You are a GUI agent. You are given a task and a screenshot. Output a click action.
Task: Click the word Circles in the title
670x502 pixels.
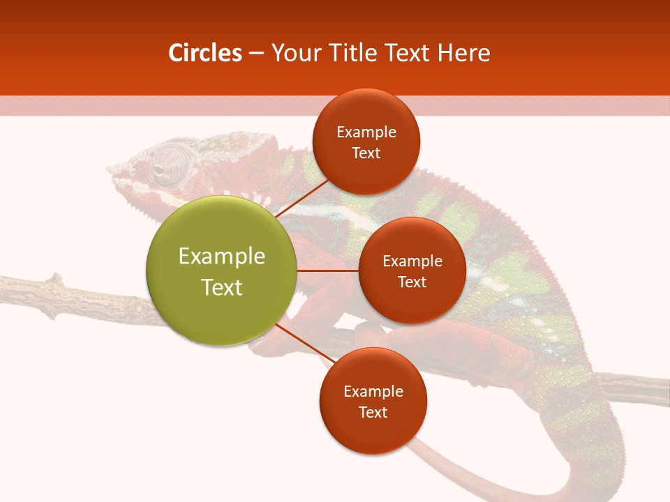[205, 53]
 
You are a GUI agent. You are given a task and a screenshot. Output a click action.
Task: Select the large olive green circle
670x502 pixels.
[221, 271]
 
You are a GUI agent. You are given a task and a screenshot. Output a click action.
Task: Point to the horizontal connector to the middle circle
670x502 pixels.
[327, 271]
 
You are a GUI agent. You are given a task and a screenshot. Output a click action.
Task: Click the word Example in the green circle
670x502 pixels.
[221, 256]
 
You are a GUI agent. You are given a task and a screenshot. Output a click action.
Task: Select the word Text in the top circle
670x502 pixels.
[366, 153]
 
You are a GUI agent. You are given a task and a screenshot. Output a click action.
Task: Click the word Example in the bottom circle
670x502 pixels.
[373, 391]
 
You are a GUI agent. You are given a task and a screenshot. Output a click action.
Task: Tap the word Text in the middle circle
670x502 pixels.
[412, 282]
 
